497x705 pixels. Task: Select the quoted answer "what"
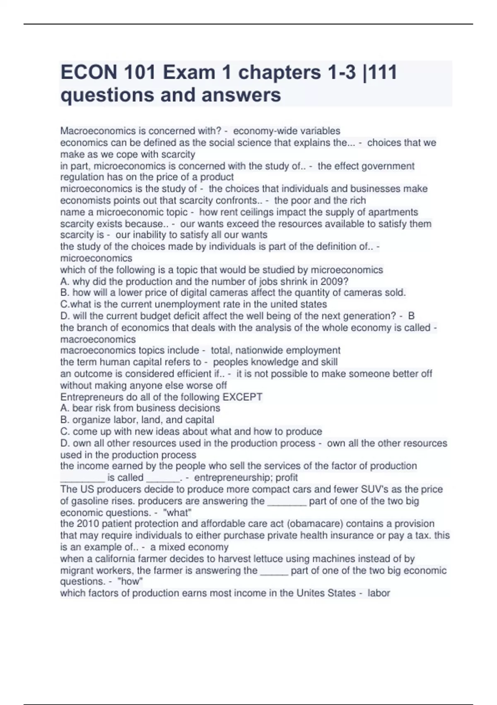[x=178, y=513]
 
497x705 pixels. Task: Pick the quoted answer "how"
[x=130, y=581]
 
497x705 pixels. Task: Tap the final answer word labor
[x=379, y=593]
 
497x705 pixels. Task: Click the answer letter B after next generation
[x=411, y=316]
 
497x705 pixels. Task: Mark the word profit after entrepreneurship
[x=287, y=478]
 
